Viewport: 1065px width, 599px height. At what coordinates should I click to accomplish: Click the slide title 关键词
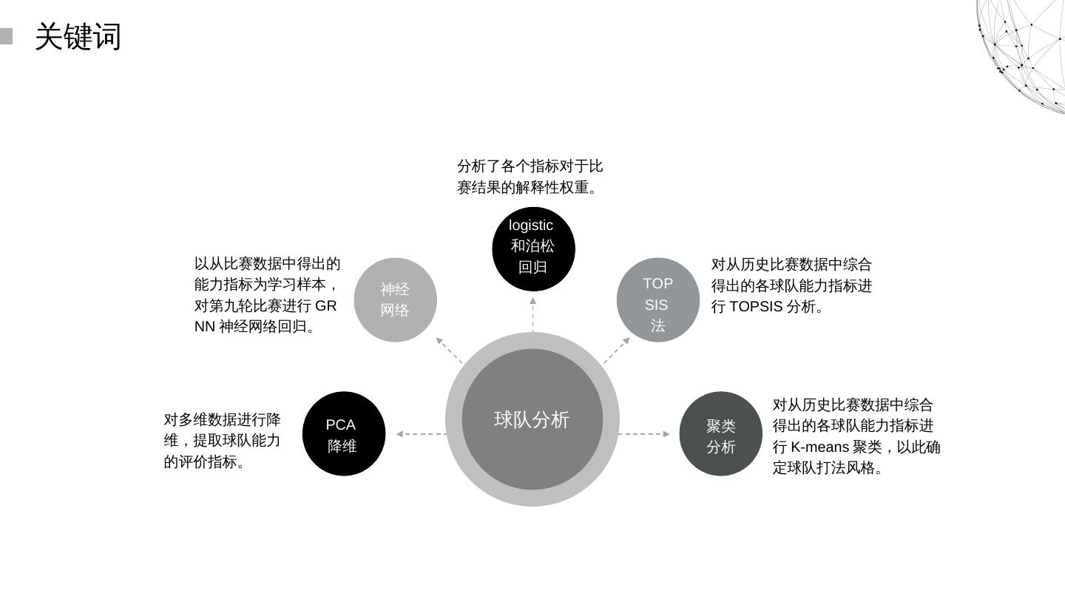[78, 36]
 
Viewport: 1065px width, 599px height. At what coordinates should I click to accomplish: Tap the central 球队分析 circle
[532, 419]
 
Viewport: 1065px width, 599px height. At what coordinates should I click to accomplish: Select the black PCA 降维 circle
[343, 434]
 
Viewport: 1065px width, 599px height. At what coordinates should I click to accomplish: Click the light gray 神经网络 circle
[395, 299]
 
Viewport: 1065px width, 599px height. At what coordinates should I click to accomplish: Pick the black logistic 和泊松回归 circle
[533, 248]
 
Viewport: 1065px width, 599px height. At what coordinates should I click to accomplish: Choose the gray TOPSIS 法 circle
[657, 300]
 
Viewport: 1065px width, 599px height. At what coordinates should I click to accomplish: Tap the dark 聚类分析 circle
[720, 434]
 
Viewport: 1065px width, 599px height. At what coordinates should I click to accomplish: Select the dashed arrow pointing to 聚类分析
[644, 434]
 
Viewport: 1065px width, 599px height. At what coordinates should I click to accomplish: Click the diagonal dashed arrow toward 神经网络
[449, 350]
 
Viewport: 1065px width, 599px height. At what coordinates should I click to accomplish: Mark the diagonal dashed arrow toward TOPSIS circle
[616, 350]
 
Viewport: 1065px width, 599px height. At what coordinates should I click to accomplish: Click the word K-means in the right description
[819, 447]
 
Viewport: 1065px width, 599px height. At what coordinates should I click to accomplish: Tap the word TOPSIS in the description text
[756, 306]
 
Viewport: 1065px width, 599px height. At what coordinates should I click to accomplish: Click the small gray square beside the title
[6, 36]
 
